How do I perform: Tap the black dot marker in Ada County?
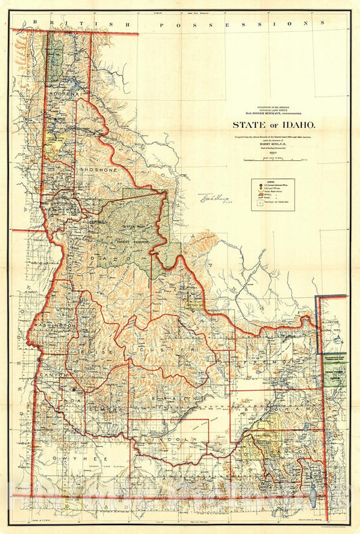74,390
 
